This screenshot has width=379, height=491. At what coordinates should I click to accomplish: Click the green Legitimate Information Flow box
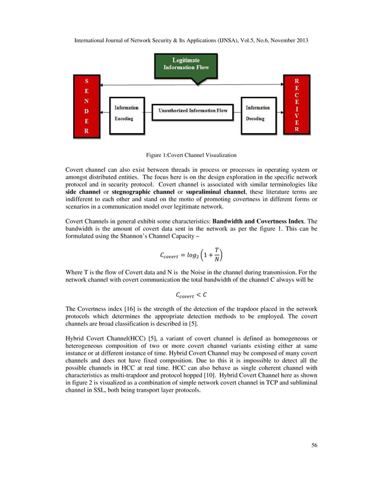tap(186, 64)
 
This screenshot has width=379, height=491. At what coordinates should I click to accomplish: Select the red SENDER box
tap(87, 106)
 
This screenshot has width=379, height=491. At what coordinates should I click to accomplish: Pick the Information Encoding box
tap(127, 113)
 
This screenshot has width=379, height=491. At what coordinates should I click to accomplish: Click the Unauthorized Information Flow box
tap(192, 111)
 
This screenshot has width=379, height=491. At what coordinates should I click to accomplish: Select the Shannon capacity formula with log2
tap(191, 255)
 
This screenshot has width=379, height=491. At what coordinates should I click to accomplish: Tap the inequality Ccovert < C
tap(191, 294)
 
